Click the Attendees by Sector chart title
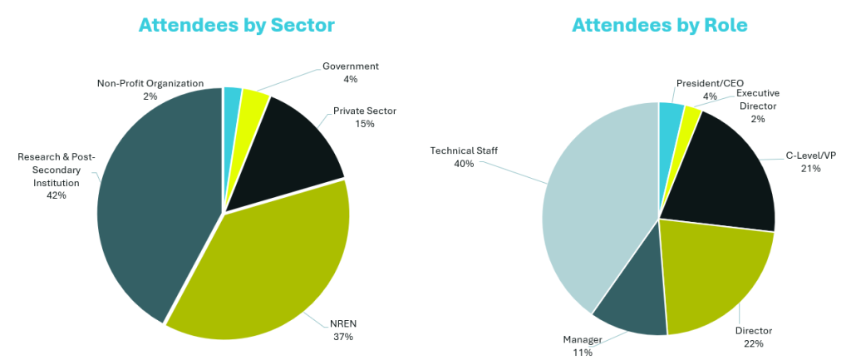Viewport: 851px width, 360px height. coord(237,26)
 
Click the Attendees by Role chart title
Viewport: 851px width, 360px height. coord(660,26)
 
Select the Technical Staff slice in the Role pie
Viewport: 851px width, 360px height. coord(590,208)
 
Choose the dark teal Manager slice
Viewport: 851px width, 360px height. coord(632,303)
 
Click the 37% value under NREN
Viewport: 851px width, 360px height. coord(342,337)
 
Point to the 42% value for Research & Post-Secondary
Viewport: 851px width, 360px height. coord(57,195)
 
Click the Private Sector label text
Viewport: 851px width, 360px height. coord(365,111)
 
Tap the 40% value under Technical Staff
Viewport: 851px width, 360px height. coord(463,164)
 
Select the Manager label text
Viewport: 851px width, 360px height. coord(582,340)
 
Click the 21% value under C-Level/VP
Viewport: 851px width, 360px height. coord(810,169)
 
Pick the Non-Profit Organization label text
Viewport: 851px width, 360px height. coord(150,83)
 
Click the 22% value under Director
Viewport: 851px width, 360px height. coord(753,343)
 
